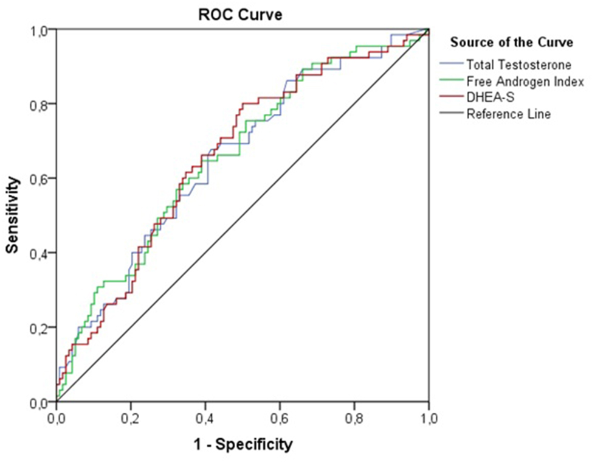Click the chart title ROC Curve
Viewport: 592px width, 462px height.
tap(241, 15)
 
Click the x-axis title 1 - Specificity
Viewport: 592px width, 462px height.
tap(243, 444)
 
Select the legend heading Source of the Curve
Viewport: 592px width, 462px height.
tap(511, 43)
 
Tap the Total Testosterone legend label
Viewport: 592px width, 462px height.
tap(518, 64)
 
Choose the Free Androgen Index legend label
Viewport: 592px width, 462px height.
tap(525, 81)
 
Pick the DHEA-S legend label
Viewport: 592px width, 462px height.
tap(486, 97)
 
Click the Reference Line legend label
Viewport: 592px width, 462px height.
tap(509, 114)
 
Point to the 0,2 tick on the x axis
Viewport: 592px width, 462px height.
tap(131, 419)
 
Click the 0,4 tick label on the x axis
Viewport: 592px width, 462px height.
tap(205, 419)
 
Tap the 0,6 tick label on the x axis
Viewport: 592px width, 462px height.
tap(280, 419)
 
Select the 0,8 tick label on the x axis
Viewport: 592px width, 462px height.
tap(354, 419)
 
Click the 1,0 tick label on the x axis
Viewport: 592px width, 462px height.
tap(429, 419)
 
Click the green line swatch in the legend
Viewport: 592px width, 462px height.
tap(451, 81)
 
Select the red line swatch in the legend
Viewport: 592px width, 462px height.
tap(451, 97)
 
